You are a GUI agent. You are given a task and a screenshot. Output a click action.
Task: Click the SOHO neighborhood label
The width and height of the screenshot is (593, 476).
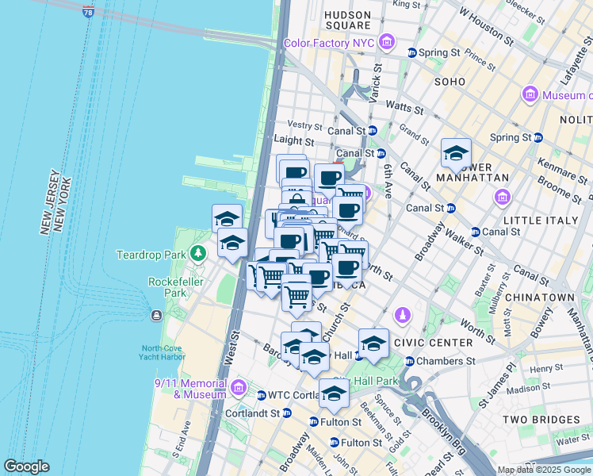pos(450,82)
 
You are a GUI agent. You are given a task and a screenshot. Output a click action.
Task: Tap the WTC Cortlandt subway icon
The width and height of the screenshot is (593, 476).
pos(261,395)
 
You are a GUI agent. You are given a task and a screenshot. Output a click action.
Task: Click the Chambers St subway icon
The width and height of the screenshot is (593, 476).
pos(410,362)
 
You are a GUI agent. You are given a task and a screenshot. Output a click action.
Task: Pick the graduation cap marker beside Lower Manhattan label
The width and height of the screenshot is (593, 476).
pos(456,152)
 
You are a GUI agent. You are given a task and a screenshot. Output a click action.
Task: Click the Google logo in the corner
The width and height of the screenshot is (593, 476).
pos(26,466)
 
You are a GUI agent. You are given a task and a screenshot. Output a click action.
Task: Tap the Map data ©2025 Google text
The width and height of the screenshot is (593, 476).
pos(544,470)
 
